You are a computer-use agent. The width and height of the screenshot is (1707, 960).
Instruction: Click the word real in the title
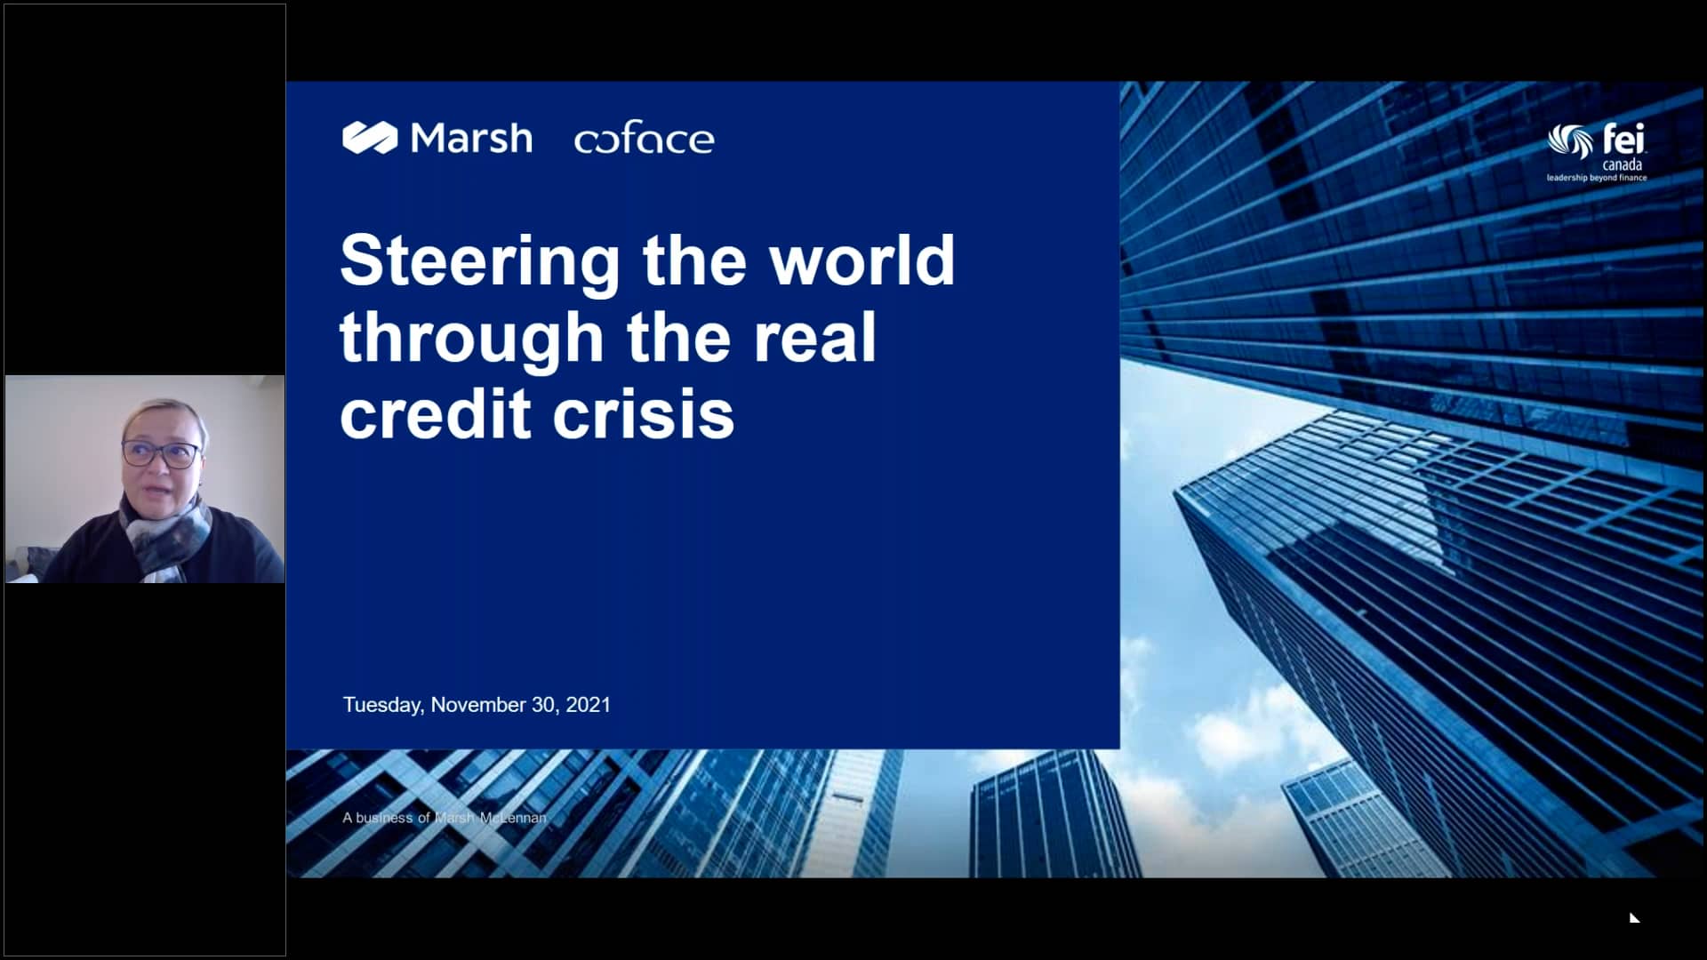click(x=814, y=338)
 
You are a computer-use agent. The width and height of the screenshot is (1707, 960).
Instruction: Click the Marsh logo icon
click(x=370, y=138)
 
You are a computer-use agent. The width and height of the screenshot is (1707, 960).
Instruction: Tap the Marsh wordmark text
click(x=471, y=138)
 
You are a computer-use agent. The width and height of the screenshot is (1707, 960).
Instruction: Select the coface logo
click(x=644, y=139)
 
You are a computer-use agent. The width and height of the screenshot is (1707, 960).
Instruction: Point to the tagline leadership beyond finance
click(x=1597, y=178)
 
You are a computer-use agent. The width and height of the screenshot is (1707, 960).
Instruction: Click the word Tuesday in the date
click(x=383, y=705)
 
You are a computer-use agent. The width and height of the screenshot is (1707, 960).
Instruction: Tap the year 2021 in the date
click(x=589, y=705)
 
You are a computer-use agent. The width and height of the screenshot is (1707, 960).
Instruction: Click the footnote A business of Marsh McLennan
click(x=445, y=818)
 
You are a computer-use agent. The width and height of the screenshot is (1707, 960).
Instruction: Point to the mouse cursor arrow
click(x=1634, y=917)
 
